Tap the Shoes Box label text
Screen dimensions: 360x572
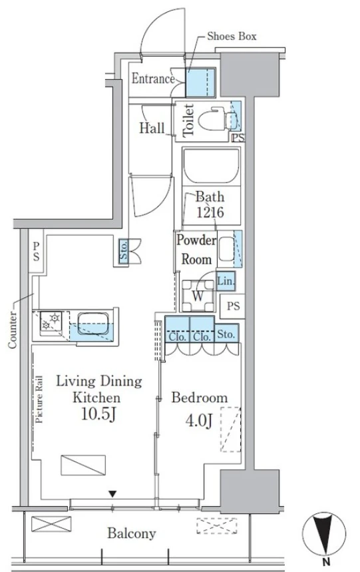pos(232,36)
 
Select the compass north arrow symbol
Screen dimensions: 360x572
pos(323,534)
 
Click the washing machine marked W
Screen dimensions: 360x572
pos(198,295)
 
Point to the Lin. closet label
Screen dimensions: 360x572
pos(226,281)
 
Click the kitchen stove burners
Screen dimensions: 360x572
pos(51,321)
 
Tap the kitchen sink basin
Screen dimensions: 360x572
pos(92,324)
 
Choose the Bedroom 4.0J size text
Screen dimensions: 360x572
pos(199,421)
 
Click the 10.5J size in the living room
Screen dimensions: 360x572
pos(98,414)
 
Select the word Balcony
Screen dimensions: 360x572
pos(132,533)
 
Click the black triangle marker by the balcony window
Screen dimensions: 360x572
pos(112,494)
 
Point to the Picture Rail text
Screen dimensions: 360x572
pos(39,399)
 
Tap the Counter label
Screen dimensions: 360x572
pos(13,330)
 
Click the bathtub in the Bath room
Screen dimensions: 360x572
pos(212,166)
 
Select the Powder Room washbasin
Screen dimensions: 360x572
pos(227,249)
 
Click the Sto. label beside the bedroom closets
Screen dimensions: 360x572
pos(226,334)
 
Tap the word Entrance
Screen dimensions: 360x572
pos(153,79)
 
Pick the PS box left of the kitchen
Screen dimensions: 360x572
pos(36,251)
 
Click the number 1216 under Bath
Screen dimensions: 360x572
pos(210,212)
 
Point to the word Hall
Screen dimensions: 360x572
pos(152,128)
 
